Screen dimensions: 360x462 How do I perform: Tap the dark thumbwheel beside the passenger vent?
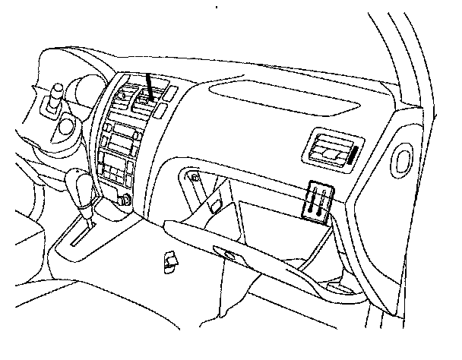tap(354, 156)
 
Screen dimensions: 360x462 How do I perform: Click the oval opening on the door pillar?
tap(401, 160)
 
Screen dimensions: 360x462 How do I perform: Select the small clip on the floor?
tap(169, 261)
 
